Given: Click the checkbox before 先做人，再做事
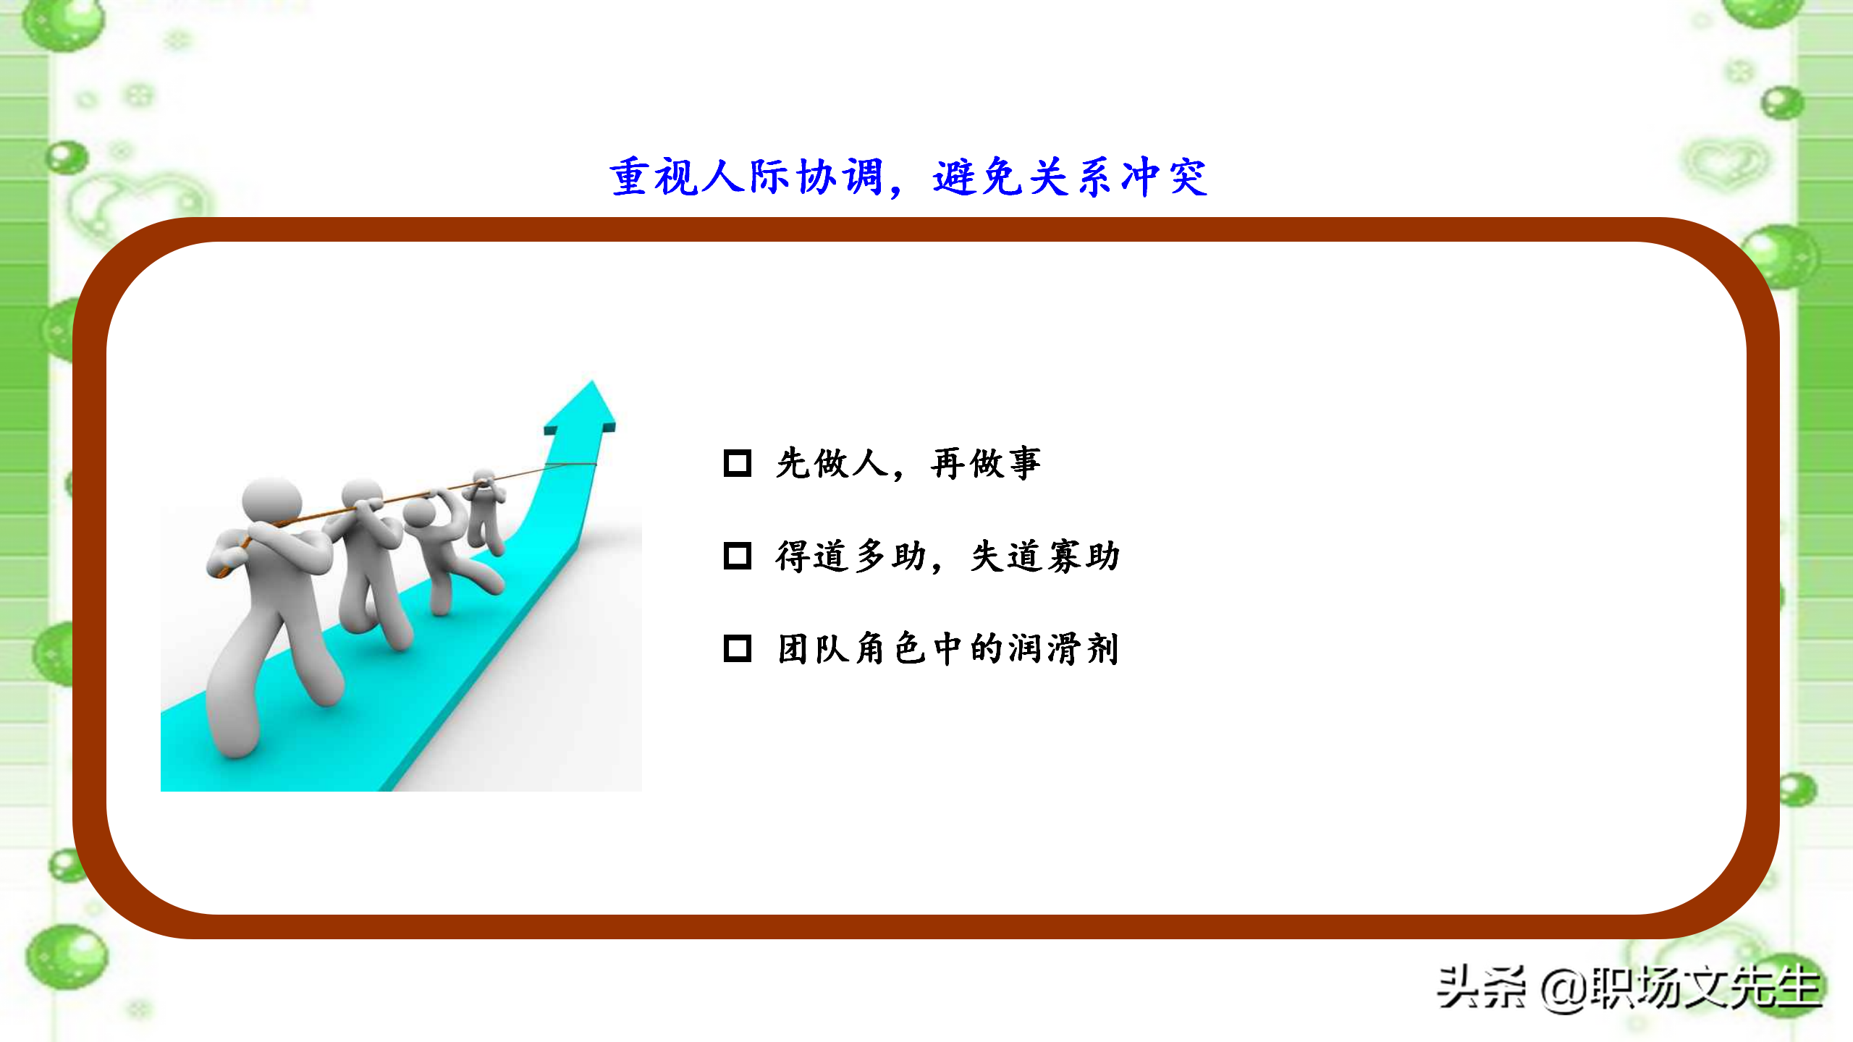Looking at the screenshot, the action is pos(737,463).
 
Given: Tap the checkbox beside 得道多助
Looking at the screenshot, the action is pos(737,556).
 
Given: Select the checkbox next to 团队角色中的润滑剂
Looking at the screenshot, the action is pos(737,648).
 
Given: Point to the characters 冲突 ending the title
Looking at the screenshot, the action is pos(1164,177).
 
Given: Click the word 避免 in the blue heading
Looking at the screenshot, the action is pos(977,177).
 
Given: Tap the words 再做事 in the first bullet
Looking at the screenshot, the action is pos(986,463).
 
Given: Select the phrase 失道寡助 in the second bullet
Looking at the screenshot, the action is pos(1045,556).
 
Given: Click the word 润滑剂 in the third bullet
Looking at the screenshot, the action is pos(1064,648).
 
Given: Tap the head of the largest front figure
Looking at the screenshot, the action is pos(271,499).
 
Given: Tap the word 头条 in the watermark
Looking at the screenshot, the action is pos(1481,988).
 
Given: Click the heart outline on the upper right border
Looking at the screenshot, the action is pos(1727,163).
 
